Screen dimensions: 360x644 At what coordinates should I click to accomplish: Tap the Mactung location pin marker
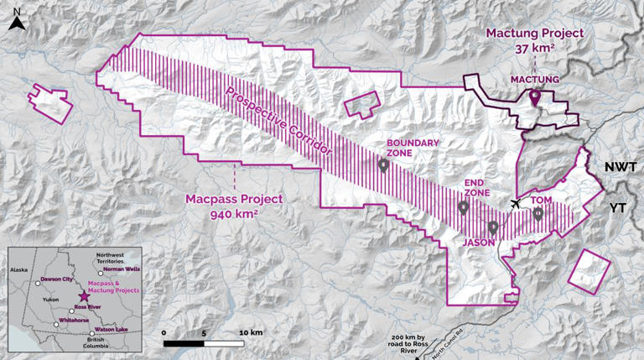[534, 98]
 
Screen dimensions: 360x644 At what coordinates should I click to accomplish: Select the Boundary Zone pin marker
[383, 165]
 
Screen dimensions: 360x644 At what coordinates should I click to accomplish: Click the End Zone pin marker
[463, 207]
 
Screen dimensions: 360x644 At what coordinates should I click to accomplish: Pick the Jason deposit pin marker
[493, 227]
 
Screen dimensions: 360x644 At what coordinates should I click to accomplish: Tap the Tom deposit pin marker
[538, 214]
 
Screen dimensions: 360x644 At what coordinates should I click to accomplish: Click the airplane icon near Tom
[515, 204]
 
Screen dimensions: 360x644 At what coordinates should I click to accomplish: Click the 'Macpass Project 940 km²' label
[234, 206]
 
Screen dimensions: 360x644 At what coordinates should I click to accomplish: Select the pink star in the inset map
[82, 296]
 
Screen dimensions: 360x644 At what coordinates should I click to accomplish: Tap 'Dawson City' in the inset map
[55, 279]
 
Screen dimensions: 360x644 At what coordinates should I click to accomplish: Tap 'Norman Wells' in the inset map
[121, 269]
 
